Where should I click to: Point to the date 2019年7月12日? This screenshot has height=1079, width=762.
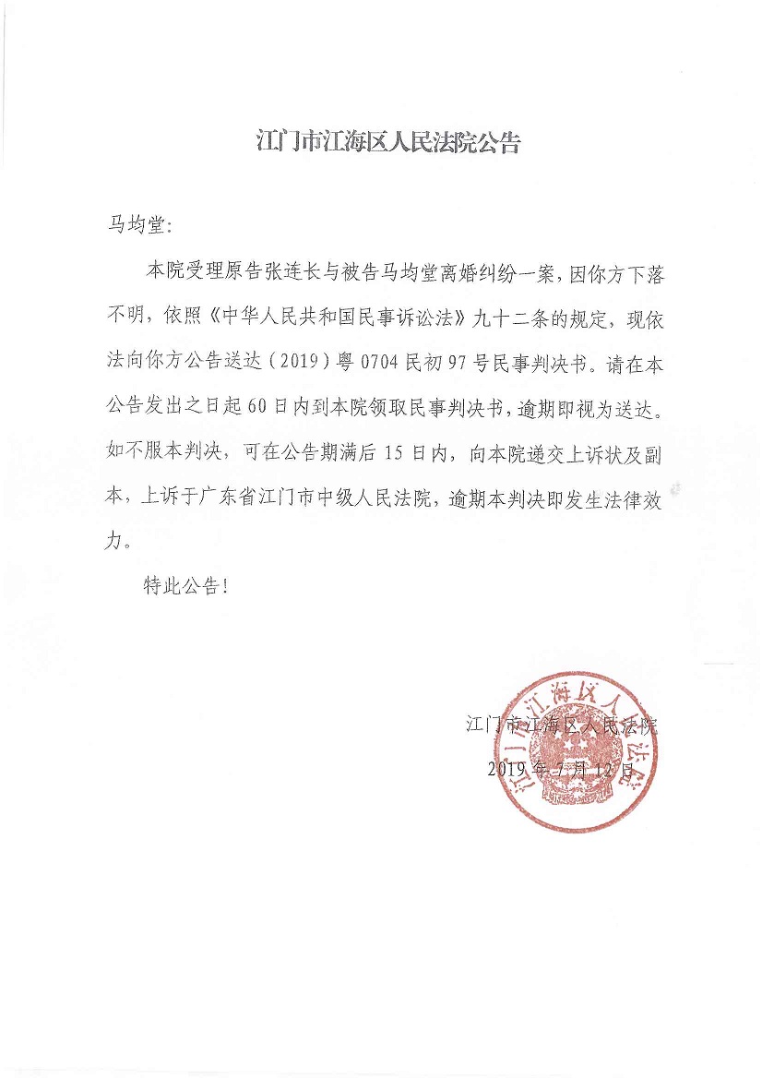click(x=560, y=769)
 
